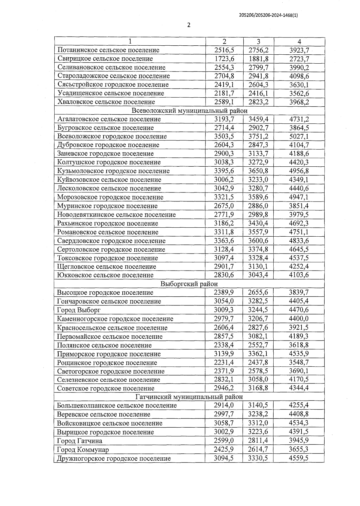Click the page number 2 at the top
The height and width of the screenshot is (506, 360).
[x=189, y=25]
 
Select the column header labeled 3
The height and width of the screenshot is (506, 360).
[x=258, y=42]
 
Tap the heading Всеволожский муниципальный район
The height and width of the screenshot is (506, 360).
[x=190, y=111]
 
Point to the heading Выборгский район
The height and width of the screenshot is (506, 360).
[x=189, y=284]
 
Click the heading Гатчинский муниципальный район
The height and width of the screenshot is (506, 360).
[x=189, y=397]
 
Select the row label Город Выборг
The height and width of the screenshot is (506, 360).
[x=79, y=310]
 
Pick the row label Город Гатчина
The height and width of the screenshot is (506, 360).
[x=79, y=441]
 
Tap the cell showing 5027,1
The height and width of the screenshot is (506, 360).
[x=299, y=136]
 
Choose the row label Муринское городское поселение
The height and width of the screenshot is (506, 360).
[x=107, y=206]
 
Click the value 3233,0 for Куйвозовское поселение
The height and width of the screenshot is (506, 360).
[x=258, y=180]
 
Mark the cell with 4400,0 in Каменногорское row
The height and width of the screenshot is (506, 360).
[x=299, y=319]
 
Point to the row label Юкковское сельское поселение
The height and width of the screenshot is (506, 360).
[x=105, y=275]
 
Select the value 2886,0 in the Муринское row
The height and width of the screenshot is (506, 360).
[x=258, y=206]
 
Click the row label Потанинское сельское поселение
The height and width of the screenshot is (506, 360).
[x=108, y=50]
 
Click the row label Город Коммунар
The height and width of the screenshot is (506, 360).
[x=83, y=450]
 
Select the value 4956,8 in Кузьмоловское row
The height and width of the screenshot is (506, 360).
[x=299, y=171]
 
